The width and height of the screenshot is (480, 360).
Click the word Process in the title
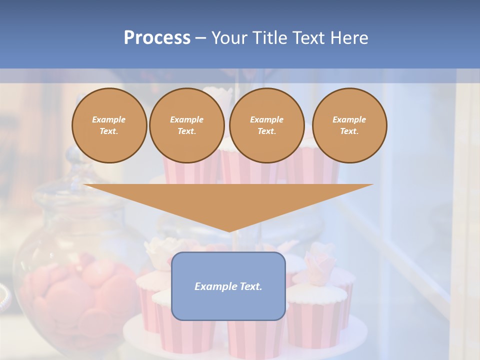click(x=157, y=38)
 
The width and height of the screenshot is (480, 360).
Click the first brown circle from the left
click(x=109, y=125)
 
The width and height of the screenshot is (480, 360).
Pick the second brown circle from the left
click(x=186, y=125)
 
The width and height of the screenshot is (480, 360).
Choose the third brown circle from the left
click(x=266, y=125)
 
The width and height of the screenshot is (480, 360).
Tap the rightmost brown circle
click(x=349, y=125)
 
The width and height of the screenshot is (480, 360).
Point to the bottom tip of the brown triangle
click(x=228, y=230)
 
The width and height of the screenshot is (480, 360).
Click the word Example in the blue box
click(x=214, y=286)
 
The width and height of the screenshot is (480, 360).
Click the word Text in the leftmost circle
click(x=109, y=131)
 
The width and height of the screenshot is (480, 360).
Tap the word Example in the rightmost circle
click(x=349, y=119)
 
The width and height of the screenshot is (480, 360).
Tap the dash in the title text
click(x=200, y=38)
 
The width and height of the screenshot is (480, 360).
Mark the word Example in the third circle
click(x=266, y=119)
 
